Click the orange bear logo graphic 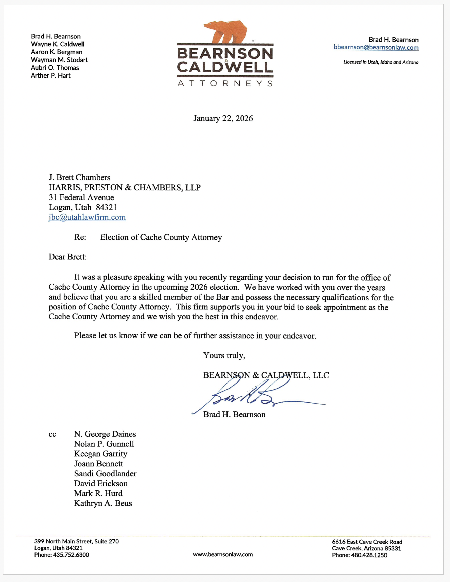point(226,32)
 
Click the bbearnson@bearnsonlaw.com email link point(376,48)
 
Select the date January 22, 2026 point(223,119)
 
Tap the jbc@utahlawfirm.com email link point(87,217)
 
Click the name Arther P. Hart point(51,76)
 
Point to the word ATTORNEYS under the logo point(225,83)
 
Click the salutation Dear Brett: point(67,257)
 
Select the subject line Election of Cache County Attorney point(161,237)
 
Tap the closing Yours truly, point(224,356)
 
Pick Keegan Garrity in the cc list point(101,454)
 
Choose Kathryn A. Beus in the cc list point(103,503)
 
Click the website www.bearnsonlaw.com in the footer point(223,554)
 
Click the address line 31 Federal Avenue point(81,197)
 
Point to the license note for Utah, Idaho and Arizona point(381,62)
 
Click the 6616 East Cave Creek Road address point(367,542)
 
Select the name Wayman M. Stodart point(59,60)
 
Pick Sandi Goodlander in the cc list point(105,474)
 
